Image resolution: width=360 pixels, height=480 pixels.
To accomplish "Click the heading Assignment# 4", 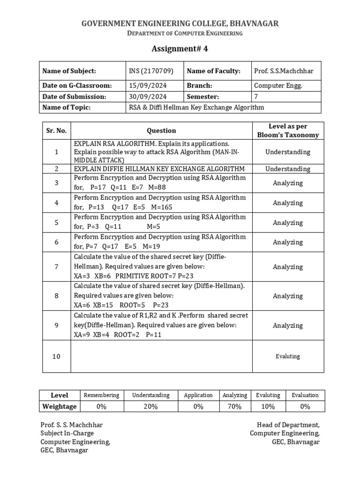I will pos(180,49).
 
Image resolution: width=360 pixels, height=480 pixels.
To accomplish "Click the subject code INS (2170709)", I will pos(151,71).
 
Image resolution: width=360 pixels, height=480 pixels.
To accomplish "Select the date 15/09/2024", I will pos(148,86).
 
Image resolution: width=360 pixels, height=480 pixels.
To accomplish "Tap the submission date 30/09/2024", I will pos(148,97).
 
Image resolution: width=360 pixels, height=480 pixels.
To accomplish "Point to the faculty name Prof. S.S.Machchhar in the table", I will pos(284,71).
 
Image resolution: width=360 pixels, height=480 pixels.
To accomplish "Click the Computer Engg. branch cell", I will pos(278,86).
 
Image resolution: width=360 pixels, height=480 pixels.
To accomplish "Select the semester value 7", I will pos(256,97).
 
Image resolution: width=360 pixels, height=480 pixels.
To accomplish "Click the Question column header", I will pos(161,131).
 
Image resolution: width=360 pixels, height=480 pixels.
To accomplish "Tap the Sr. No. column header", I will pos(56,131).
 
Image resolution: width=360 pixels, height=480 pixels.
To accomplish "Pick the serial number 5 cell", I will pos(56,223).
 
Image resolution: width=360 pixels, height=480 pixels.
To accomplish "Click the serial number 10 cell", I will pos(56,357).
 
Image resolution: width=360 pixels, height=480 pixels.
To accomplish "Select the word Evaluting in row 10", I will pos(287,357).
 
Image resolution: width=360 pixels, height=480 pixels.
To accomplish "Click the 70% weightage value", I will pos(234,406).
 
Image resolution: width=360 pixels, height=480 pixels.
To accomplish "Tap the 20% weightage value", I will pos(150,406).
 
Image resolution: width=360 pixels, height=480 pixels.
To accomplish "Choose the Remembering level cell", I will pos(101,395).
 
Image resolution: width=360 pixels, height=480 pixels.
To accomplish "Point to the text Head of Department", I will pos(288,425).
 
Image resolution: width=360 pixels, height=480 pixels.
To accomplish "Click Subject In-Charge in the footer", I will pos(67,434).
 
